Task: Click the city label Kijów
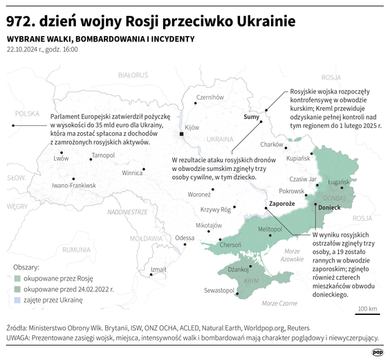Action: [x=192, y=127]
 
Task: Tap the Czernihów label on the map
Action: [x=210, y=98]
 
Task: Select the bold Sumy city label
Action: [x=251, y=118]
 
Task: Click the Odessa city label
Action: [x=185, y=237]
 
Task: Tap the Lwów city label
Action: [x=61, y=158]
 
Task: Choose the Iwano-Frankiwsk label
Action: [x=74, y=186]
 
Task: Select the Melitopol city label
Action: [x=270, y=228]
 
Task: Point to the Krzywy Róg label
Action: [x=215, y=210]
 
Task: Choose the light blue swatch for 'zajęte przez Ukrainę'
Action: [x=17, y=300]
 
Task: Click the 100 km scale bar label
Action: [x=367, y=309]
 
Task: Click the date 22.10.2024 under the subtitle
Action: [x=25, y=50]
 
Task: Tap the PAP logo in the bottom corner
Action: [x=377, y=352]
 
